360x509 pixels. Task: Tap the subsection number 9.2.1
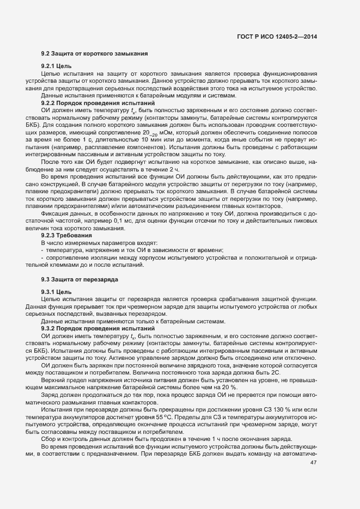(51, 66)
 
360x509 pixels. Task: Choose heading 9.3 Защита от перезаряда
(80, 279)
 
